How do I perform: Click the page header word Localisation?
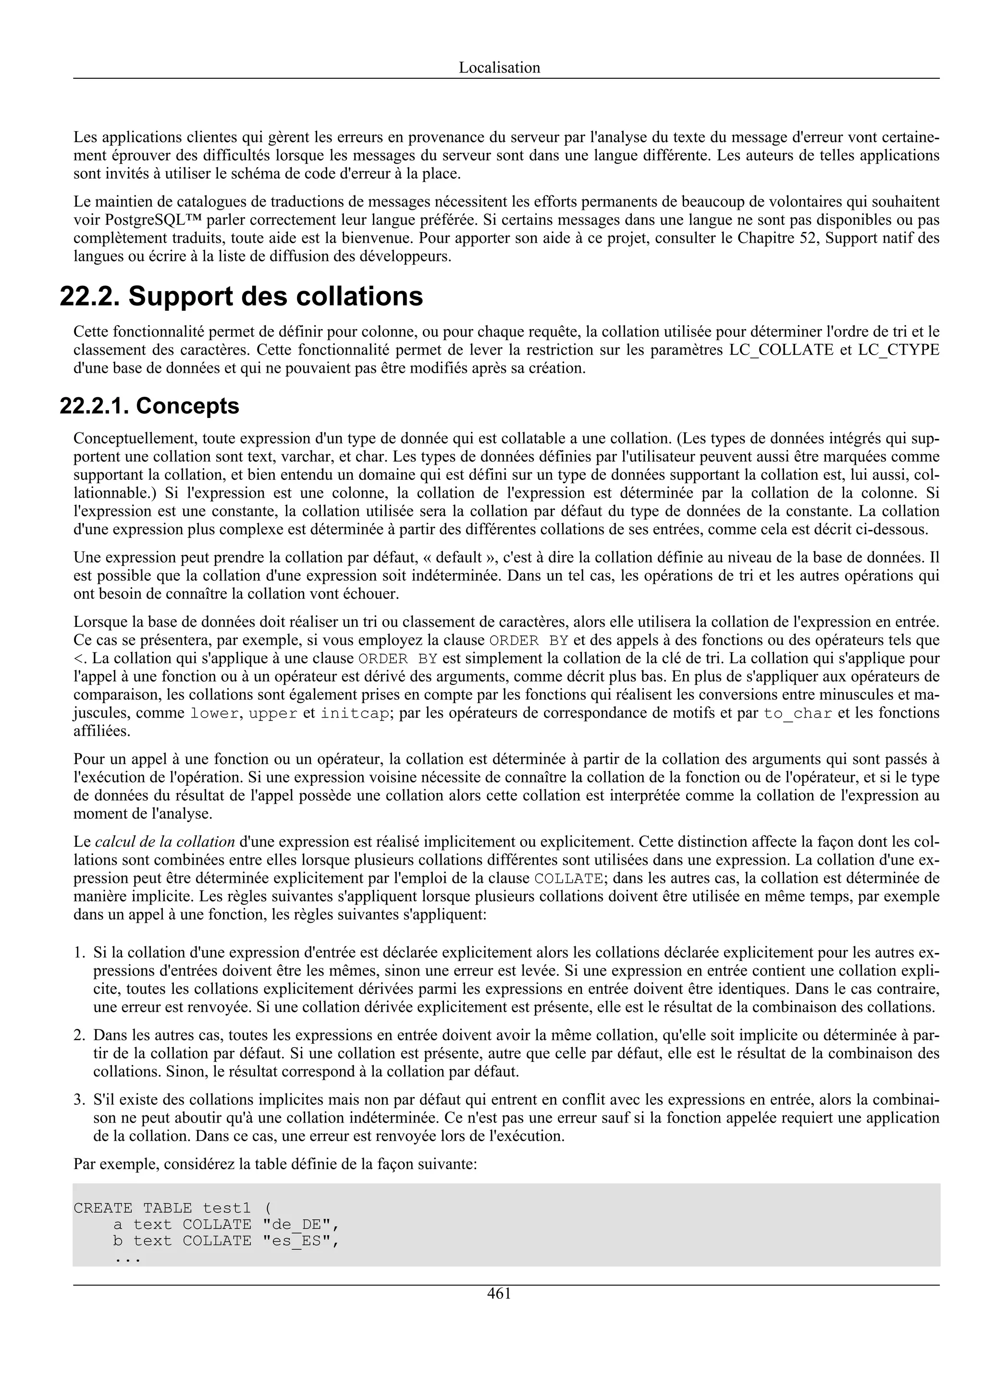coord(499,67)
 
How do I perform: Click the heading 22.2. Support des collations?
coord(241,296)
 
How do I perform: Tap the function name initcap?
coord(355,714)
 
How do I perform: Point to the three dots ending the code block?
coord(127,1258)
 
